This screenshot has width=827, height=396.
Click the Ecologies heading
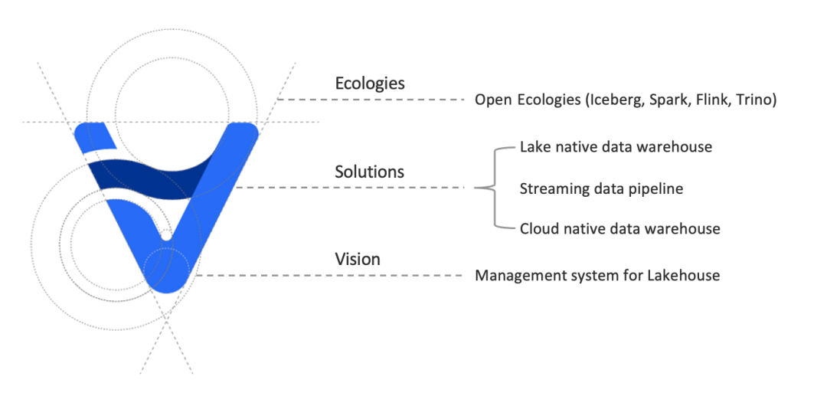click(x=370, y=83)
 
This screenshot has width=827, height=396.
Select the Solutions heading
click(x=369, y=172)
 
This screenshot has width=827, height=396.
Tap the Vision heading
click(x=358, y=259)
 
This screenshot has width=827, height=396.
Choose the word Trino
click(x=754, y=100)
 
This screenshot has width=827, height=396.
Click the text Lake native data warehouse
click(x=616, y=146)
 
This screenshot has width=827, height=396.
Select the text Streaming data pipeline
click(x=601, y=188)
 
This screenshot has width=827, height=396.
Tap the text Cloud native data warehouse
click(x=619, y=228)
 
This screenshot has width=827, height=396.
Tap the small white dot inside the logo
click(x=165, y=231)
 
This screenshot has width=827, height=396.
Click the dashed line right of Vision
click(x=329, y=275)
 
